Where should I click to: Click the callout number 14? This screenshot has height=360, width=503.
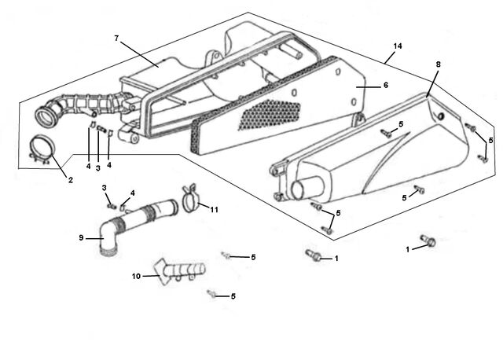coord(398,46)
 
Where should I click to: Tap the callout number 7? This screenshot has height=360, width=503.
coord(116,39)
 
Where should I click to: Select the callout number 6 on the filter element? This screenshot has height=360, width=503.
coord(386,85)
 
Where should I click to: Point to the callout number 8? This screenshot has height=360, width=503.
coord(439,64)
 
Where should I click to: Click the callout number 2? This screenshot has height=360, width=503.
coord(71,180)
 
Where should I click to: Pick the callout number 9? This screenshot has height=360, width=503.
coord(81,237)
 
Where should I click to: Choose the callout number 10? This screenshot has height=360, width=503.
coord(136,276)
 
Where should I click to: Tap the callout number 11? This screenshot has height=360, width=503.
coord(215,210)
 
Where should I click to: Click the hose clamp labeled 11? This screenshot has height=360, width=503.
coord(191,199)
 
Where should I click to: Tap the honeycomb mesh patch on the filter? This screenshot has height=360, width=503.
coord(270,114)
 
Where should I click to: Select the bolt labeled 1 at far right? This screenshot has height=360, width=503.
coord(428,241)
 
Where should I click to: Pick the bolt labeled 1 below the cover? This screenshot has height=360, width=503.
coord(313,255)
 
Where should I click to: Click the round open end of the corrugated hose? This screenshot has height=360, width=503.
coord(46,117)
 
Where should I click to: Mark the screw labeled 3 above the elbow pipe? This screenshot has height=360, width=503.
coord(111,204)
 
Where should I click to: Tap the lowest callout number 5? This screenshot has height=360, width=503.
coord(233,296)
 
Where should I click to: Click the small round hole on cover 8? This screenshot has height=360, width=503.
coord(441,116)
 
